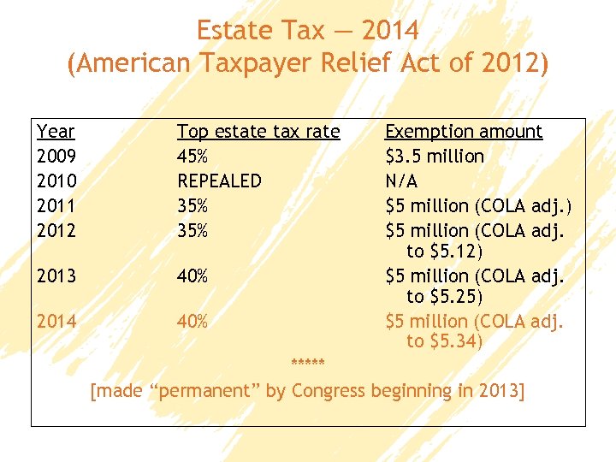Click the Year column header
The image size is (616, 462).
pos(56,132)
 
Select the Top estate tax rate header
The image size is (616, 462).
pos(258,132)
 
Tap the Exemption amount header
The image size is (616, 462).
pos(464,132)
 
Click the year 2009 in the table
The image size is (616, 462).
pos(56,157)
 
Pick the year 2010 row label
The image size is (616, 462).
pos(56,181)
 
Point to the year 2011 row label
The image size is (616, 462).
pos(56,206)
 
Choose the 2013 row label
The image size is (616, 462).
pos(56,276)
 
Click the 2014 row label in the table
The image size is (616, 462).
pos(56,322)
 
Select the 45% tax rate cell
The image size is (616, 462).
pos(192,157)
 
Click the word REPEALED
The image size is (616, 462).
pos(219,181)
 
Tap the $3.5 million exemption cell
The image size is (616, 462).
pos(435,157)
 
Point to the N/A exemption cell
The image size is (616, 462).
pos(401,181)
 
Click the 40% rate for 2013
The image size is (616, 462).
pos(192,276)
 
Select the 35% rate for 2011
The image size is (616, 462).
pos(192,206)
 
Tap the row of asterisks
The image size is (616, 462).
pos(308,364)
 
